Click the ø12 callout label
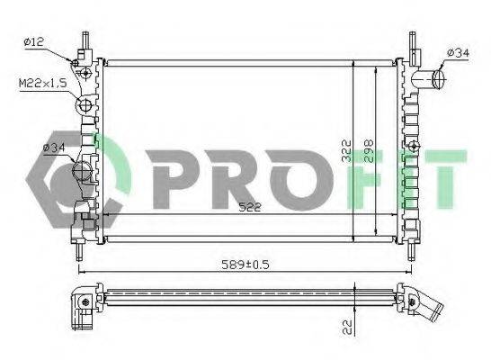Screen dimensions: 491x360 pos(33,41)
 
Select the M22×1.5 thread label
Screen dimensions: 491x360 pos(43,84)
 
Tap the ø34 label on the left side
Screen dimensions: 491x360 pos(54,148)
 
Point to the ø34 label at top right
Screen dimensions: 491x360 pos(458,53)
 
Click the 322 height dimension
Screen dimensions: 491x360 pos(346,151)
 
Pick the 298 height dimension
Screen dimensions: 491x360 pos(369,151)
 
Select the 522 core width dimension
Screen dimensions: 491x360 pos(250,207)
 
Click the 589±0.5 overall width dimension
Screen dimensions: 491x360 pos(245,265)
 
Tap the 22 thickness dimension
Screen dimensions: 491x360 pos(347,327)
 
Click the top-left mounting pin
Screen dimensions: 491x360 pos(85,40)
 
